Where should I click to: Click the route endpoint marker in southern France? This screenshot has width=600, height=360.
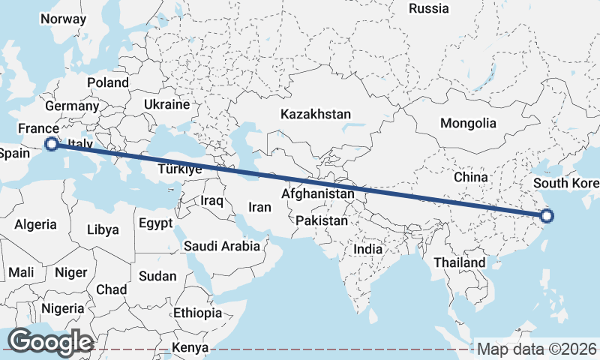coord(52,144)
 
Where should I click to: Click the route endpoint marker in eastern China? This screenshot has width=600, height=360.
coord(547,217)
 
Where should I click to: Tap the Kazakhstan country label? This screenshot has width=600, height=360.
coord(316,115)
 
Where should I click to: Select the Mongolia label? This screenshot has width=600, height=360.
coord(468,123)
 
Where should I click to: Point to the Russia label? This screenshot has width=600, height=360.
coord(429,9)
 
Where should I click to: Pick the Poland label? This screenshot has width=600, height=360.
coord(108,82)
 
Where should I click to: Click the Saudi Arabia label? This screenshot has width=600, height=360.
coord(222,246)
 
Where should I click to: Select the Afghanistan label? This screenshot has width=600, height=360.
coord(318,194)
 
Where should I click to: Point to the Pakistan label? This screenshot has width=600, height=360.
coord(322,221)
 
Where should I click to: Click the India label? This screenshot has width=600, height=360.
coord(368,249)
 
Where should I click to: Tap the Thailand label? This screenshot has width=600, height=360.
coord(460,263)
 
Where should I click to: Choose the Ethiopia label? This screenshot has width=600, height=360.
coord(197,313)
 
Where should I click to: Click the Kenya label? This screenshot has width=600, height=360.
coord(190,348)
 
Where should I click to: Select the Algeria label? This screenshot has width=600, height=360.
coord(36,224)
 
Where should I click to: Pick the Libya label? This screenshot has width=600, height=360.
coord(103,229)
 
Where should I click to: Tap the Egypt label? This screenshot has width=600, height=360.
coord(155,223)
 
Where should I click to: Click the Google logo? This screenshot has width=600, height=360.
coord(50,342)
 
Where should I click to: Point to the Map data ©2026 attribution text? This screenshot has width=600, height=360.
coord(536,349)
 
